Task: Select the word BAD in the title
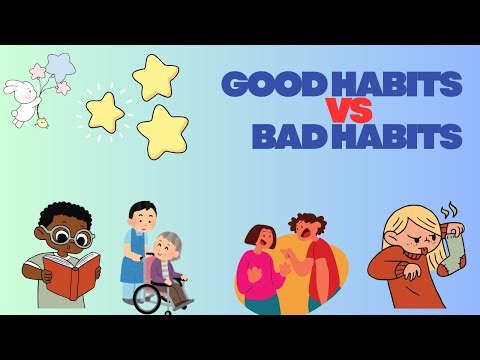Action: tap(287, 135)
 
